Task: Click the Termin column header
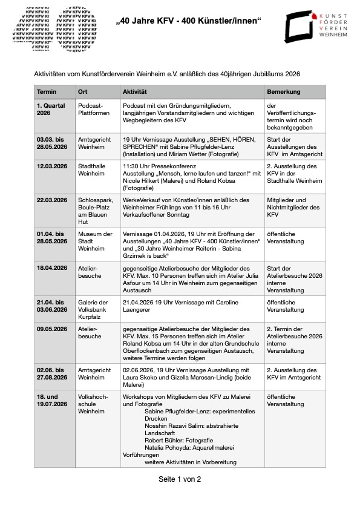47,91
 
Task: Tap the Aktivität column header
135,91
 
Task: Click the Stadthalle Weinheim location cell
92,171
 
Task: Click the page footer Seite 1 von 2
180,479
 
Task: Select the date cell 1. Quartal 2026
51,109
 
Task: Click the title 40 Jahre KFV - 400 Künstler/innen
188,22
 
